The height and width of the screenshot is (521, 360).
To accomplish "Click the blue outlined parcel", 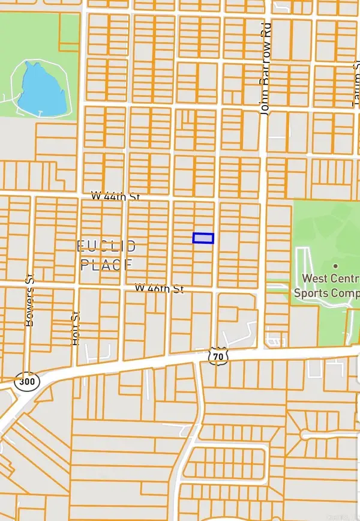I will (203, 238).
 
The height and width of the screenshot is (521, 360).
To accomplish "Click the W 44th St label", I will (115, 196).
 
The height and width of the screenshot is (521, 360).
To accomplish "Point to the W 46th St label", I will (159, 289).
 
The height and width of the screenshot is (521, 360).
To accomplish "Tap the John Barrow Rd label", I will (265, 68).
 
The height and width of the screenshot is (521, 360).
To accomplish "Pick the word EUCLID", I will (107, 246).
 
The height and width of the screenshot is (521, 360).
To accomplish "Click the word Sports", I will (310, 293).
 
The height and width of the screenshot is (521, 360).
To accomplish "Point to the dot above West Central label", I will (335, 265).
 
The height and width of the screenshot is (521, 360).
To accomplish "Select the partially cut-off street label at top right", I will (355, 90).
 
